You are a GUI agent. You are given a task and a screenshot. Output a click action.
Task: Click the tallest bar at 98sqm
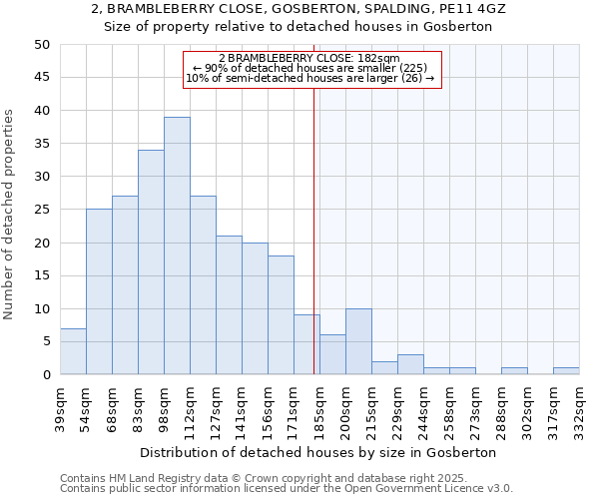click(x=177, y=246)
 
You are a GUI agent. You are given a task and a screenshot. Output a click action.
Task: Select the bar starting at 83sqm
click(x=151, y=261)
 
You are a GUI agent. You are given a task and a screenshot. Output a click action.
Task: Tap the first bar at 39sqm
click(x=73, y=351)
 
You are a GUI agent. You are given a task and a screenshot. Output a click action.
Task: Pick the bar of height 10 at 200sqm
click(x=358, y=341)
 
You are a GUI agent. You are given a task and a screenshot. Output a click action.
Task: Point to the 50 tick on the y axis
click(x=42, y=45)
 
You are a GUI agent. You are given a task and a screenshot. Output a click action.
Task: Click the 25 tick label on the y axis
click(x=42, y=210)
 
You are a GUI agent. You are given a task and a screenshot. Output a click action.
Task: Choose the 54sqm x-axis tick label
click(x=87, y=405)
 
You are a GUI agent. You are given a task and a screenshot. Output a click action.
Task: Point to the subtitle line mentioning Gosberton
click(x=299, y=27)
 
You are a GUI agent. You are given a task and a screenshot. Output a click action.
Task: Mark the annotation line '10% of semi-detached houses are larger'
click(x=310, y=79)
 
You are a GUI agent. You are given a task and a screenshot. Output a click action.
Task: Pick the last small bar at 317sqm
click(x=566, y=371)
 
